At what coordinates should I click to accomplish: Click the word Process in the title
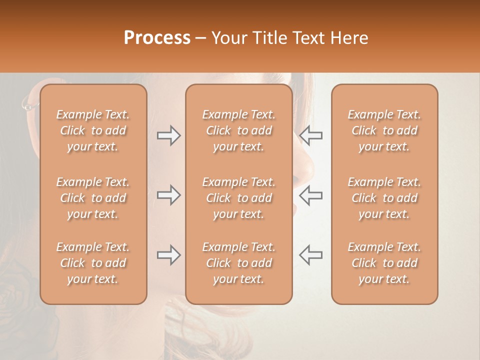(x=157, y=37)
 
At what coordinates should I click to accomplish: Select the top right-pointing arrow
(x=169, y=135)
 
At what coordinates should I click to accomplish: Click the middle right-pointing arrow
(x=169, y=195)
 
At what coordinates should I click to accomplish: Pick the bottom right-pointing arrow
(x=169, y=255)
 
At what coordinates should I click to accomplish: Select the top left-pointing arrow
(x=311, y=135)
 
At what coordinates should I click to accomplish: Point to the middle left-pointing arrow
(x=311, y=195)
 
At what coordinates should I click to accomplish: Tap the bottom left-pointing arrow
(x=311, y=255)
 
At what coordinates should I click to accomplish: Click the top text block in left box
(x=93, y=130)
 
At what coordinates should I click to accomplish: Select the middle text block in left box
(x=93, y=198)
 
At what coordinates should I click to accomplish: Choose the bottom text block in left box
(x=93, y=263)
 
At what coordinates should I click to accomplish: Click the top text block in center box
(x=238, y=130)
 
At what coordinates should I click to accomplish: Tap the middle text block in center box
(x=238, y=198)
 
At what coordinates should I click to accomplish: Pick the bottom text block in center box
(x=238, y=263)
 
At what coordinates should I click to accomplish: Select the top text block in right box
(x=384, y=130)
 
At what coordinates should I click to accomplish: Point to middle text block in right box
(x=384, y=198)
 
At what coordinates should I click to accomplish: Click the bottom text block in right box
(x=384, y=263)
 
